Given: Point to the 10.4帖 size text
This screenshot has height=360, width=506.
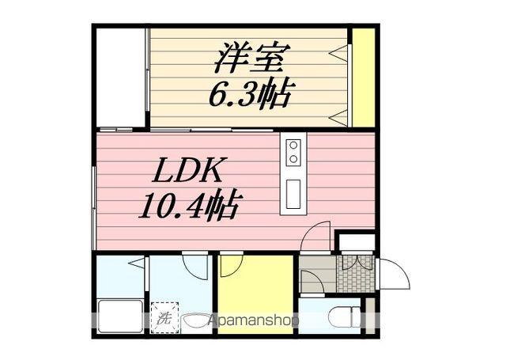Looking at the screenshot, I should pyautogui.click(x=189, y=207).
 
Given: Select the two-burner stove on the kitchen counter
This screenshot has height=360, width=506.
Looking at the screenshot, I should pyautogui.click(x=293, y=152).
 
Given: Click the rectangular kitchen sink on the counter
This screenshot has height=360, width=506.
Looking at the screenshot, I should pyautogui.click(x=293, y=193).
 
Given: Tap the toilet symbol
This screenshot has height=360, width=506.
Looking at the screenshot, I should pyautogui.click(x=341, y=319).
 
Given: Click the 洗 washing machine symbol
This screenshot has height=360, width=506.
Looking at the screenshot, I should pyautogui.click(x=164, y=319).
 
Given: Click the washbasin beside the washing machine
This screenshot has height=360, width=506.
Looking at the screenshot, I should pyautogui.click(x=194, y=320).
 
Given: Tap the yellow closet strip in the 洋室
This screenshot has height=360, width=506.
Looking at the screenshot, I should pyautogui.click(x=364, y=77).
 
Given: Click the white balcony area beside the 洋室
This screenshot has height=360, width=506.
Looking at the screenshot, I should pyautogui.click(x=120, y=77).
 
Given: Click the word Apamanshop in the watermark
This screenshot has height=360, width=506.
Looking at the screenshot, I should pyautogui.click(x=253, y=321).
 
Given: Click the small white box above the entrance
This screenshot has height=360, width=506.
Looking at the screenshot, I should pyautogui.click(x=354, y=241).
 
